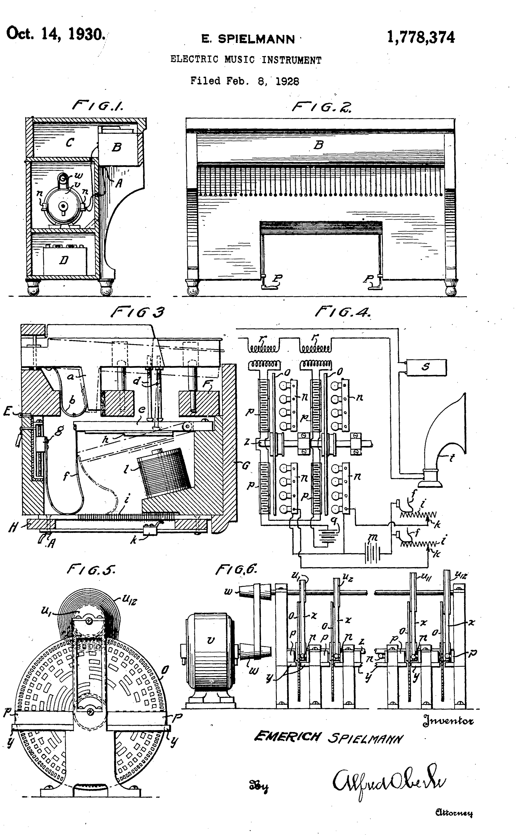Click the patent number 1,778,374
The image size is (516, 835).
click(420, 37)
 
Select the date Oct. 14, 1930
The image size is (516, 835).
click(56, 34)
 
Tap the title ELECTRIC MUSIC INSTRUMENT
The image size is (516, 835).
click(246, 60)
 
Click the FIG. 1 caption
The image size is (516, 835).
click(98, 106)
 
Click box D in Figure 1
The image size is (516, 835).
click(64, 261)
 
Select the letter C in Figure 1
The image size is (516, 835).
click(70, 142)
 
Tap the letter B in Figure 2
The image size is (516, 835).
click(318, 145)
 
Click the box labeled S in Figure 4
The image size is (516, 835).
click(426, 367)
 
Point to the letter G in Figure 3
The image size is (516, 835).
click(246, 465)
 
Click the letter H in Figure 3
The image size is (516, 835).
click(13, 528)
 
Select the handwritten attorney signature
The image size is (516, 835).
click(389, 785)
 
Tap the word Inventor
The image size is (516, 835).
click(448, 721)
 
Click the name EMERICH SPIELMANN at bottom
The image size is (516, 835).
click(328, 738)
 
